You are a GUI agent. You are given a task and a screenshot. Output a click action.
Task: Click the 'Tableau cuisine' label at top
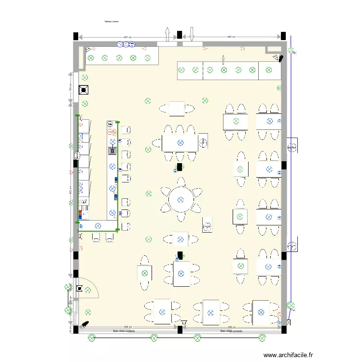(x=111, y=22)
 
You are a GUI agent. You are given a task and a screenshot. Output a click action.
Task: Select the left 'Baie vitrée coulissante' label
(x=124, y=332)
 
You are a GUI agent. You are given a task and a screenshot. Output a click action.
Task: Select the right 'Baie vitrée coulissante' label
(x=231, y=332)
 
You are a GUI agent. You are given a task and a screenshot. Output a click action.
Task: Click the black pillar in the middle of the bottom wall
(x=180, y=329)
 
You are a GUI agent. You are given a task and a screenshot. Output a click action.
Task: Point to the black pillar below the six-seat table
(x=180, y=167)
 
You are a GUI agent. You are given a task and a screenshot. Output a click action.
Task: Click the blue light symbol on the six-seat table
(x=180, y=142)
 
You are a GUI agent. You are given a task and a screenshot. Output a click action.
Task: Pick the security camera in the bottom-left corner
(x=85, y=324)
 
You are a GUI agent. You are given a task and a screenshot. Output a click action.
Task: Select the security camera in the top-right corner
(x=278, y=58)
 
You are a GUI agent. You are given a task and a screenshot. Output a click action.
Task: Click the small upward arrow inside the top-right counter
(x=223, y=59)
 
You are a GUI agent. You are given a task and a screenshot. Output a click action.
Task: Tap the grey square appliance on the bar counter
(x=112, y=150)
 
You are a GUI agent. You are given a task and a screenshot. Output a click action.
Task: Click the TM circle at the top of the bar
(x=110, y=124)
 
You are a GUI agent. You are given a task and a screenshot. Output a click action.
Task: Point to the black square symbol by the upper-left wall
(x=84, y=89)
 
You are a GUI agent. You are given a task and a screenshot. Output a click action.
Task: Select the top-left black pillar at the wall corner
(x=75, y=36)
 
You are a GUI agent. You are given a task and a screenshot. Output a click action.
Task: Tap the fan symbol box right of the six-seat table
(x=203, y=142)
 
